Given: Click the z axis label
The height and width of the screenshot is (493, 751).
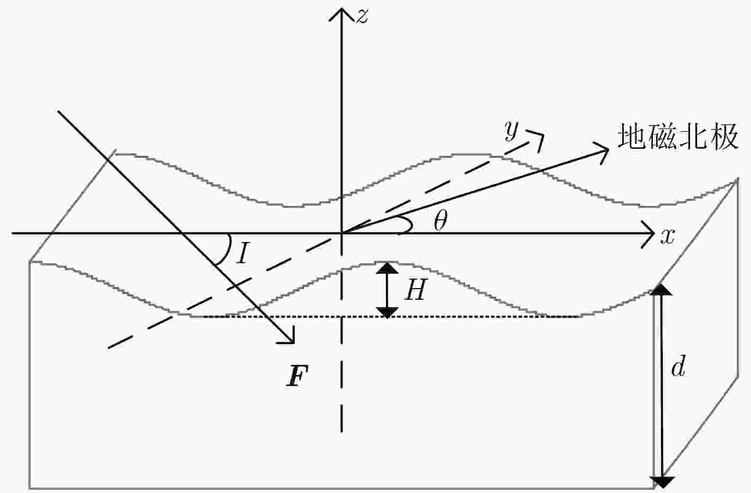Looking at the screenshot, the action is [362, 16].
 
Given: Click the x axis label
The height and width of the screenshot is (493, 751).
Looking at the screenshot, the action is [667, 237].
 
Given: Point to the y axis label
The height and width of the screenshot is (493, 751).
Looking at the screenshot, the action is [511, 131].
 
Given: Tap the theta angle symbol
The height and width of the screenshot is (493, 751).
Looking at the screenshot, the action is [440, 220].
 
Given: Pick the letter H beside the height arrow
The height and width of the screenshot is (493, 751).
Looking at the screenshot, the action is [416, 289].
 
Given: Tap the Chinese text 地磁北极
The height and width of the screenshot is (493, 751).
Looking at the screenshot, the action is [678, 136].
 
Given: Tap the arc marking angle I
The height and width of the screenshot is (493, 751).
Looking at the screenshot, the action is [228, 249].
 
